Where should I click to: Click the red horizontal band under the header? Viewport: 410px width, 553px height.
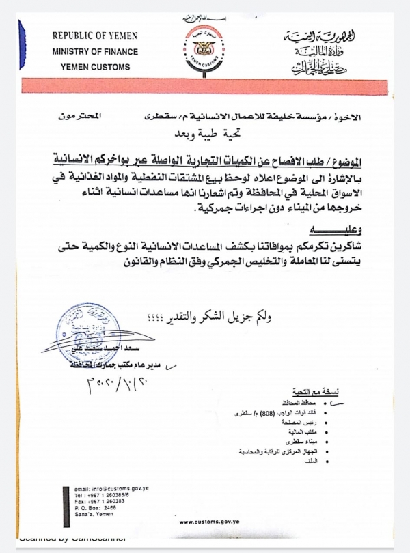[205, 85]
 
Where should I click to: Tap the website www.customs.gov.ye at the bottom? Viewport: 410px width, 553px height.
[208, 522]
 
